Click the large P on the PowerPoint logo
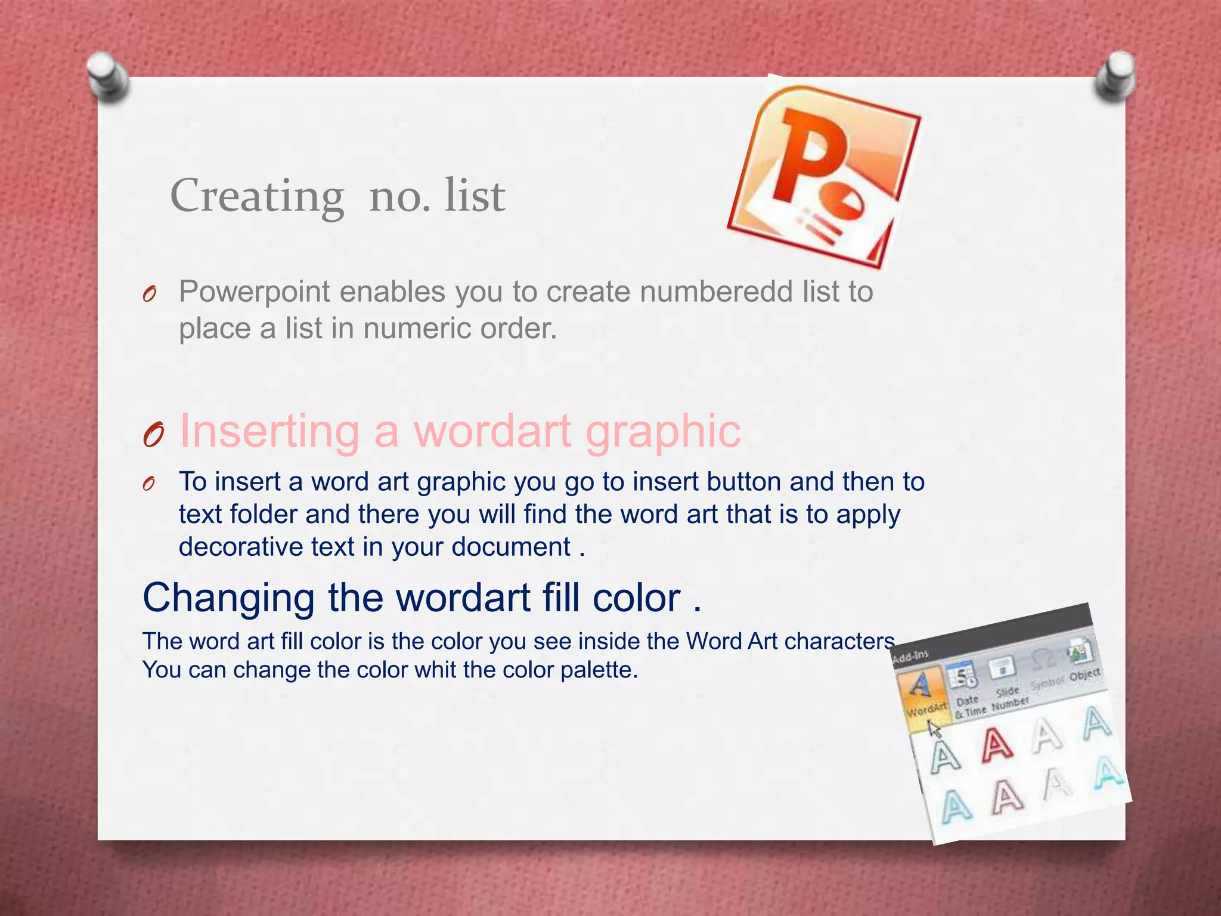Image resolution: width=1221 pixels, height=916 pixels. click(811, 155)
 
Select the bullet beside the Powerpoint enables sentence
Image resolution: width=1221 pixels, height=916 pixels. click(150, 294)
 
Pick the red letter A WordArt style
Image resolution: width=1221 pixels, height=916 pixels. click(996, 745)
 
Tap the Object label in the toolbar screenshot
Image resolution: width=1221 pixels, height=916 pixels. click(1085, 674)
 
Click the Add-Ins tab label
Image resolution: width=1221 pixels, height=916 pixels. click(910, 655)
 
